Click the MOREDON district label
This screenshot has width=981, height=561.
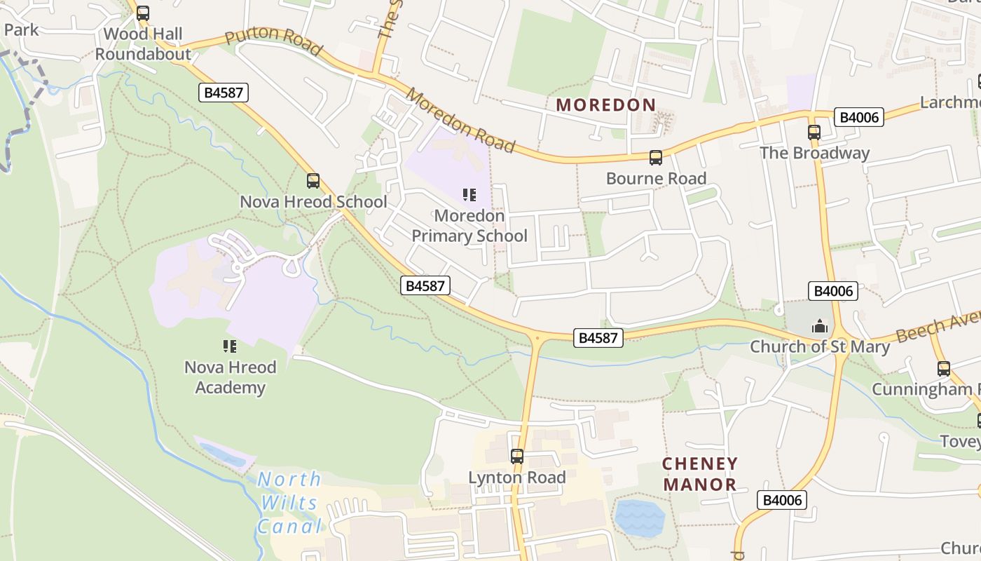point(606,105)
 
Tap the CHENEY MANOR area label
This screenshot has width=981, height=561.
point(700,474)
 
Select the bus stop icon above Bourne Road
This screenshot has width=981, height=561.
point(655,158)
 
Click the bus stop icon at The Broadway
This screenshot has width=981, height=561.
point(814,132)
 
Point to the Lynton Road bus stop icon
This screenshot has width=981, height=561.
point(517,457)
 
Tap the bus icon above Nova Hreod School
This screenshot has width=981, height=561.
point(313,181)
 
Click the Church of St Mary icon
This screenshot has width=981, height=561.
point(818,326)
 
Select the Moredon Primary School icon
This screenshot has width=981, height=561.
point(469,194)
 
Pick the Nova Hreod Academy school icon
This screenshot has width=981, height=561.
point(229,346)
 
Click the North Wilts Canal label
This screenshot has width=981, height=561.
point(289,503)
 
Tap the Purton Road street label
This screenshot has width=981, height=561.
point(274,42)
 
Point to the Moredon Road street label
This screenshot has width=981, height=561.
point(461,121)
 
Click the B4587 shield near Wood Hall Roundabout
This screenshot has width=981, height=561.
point(224,93)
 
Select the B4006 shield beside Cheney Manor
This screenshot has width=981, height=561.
point(782,500)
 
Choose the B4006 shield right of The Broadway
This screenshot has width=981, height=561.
point(859,117)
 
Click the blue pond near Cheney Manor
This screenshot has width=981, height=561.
point(638,518)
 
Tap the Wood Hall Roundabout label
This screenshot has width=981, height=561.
point(143,44)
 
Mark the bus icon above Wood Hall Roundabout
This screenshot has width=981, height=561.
point(143,13)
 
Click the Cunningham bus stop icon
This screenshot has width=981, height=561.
point(943,368)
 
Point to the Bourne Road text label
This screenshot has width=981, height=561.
point(656,179)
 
